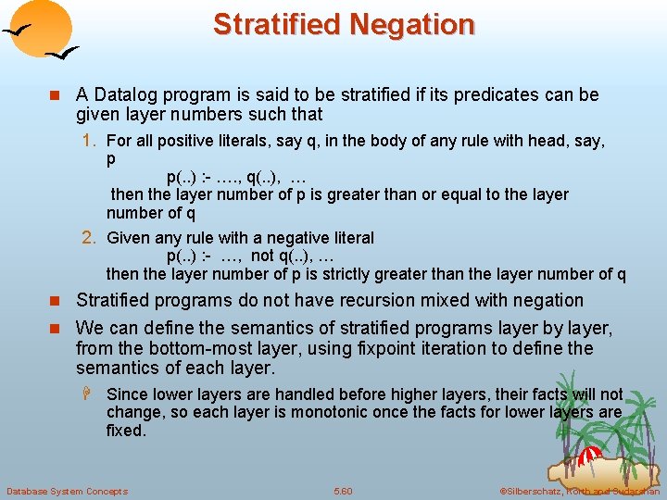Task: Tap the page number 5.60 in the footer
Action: (x=343, y=491)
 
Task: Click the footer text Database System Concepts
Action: (x=67, y=491)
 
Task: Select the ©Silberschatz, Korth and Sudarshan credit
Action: (x=579, y=491)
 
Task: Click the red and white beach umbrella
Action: (x=590, y=455)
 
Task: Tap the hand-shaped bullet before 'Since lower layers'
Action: (x=92, y=394)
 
